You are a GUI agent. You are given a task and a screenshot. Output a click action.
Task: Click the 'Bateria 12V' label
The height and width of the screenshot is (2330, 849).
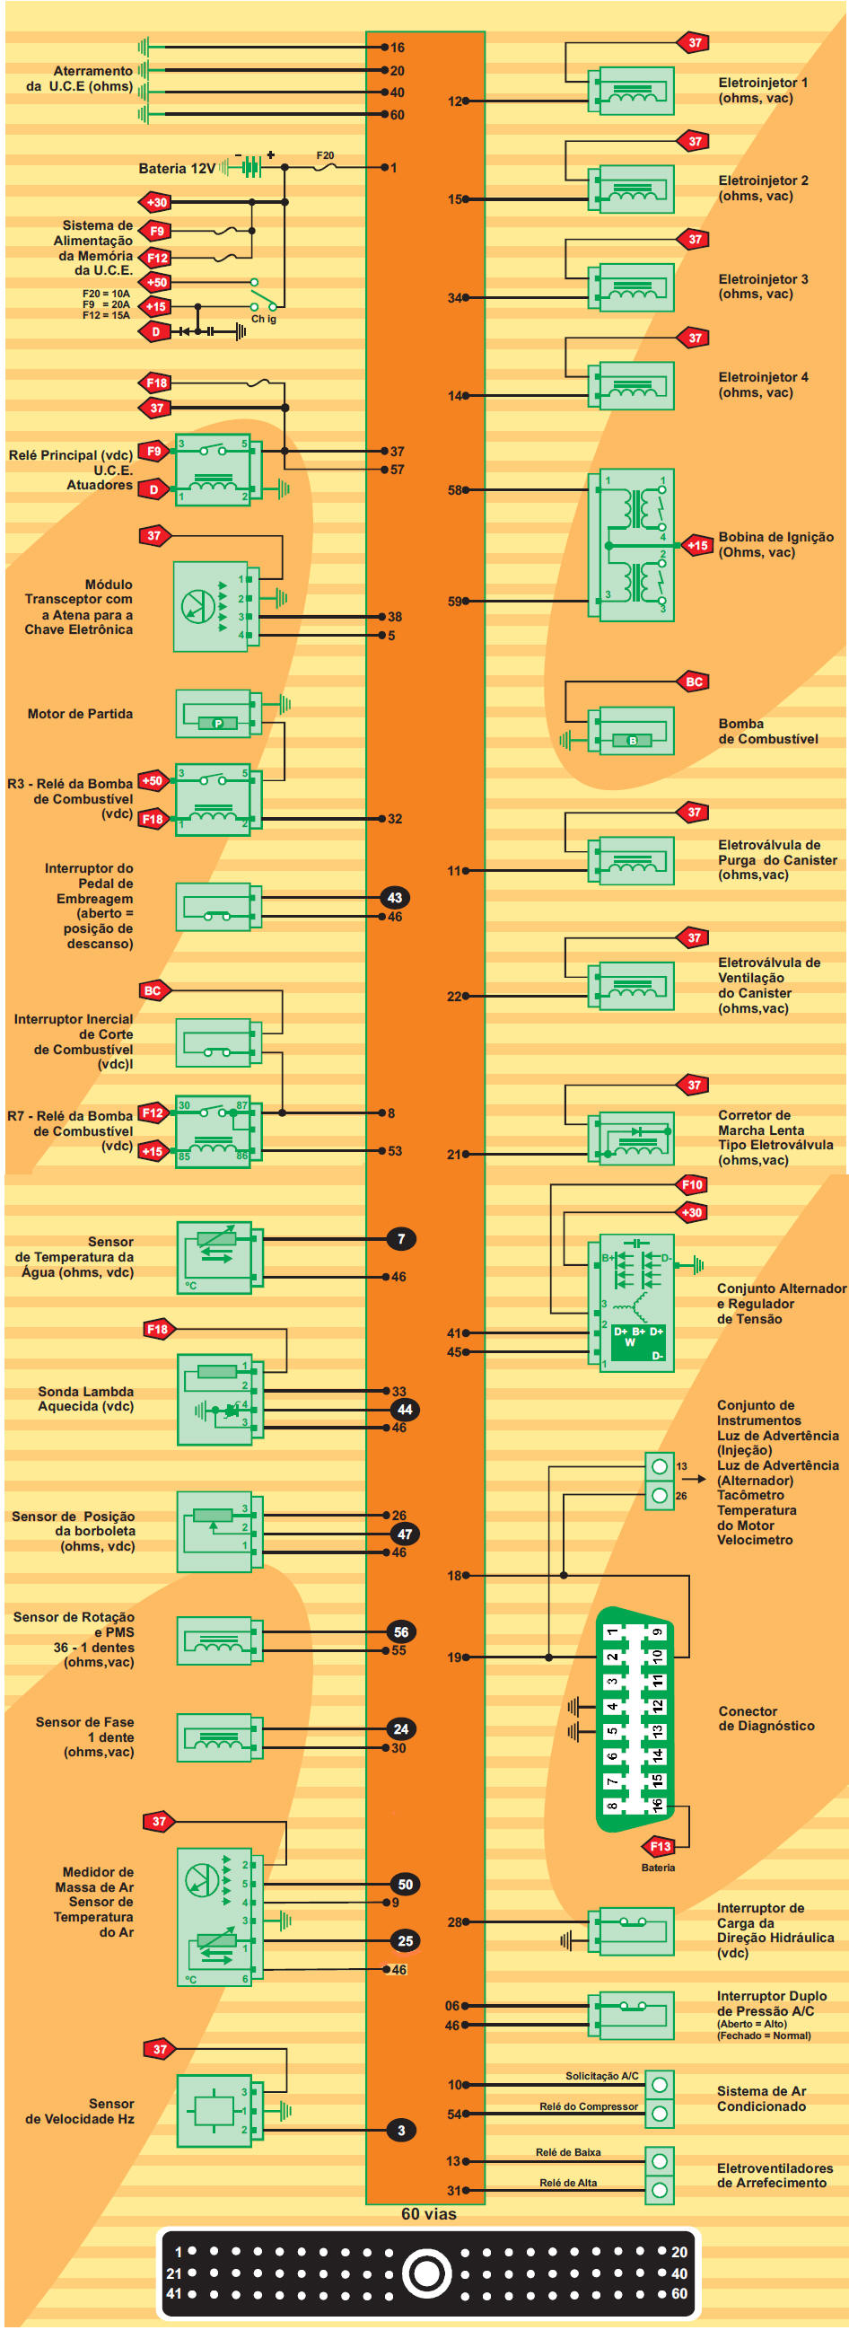177,168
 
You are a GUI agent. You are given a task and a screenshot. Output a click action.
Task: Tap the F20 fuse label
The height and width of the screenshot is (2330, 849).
326,155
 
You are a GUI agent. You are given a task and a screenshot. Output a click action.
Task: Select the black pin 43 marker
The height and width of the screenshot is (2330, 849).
395,897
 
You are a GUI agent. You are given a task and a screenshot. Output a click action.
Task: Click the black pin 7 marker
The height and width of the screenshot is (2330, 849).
401,1238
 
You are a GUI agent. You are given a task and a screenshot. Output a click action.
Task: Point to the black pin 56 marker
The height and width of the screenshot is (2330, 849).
401,1631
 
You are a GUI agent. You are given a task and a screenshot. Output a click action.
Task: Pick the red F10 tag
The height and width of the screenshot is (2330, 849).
693,1184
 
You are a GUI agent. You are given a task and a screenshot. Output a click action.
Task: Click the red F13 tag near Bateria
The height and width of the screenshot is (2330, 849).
660,1846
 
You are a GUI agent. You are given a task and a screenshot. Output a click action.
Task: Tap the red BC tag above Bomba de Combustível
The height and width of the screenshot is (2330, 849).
694,682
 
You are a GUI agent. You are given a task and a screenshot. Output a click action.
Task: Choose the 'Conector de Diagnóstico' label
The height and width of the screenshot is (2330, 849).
766,1719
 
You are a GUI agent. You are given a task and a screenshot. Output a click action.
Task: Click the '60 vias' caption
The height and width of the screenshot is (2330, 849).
429,2214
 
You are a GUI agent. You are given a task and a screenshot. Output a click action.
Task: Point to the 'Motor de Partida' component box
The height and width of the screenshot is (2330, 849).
215,714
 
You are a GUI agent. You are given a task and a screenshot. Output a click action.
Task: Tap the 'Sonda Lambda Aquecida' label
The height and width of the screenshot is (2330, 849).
86,1398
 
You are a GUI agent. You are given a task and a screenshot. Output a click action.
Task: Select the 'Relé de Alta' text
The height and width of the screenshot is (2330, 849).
568,2183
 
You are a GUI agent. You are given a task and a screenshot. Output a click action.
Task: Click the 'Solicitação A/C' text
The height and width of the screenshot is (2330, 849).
601,2076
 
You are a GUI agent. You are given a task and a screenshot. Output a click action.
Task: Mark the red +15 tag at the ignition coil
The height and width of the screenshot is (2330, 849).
697,545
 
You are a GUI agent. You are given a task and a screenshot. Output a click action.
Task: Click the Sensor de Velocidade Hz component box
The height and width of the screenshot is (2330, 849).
215,2110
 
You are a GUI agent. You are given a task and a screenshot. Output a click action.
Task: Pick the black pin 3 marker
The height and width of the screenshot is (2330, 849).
401,2130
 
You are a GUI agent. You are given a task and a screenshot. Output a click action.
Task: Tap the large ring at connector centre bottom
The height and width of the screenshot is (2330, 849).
426,2273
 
